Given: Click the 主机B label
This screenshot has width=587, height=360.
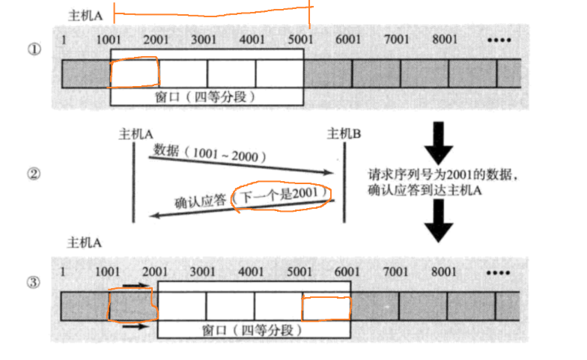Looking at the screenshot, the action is pos(344,134).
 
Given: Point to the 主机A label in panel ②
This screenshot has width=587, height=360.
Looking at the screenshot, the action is pos(136,134).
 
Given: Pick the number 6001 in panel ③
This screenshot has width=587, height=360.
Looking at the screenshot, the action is pos(348,272).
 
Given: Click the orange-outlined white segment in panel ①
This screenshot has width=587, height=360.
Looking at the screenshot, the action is pos(135,73).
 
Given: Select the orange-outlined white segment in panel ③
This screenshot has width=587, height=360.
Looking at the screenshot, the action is pos(326,307).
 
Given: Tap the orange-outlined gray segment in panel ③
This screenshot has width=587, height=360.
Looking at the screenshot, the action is pos(132,307).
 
